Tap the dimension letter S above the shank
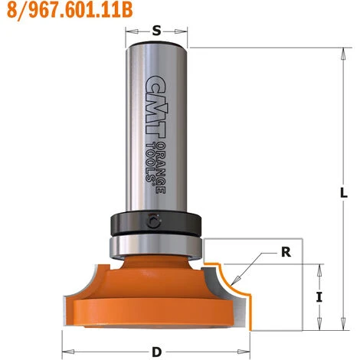[156, 31]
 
